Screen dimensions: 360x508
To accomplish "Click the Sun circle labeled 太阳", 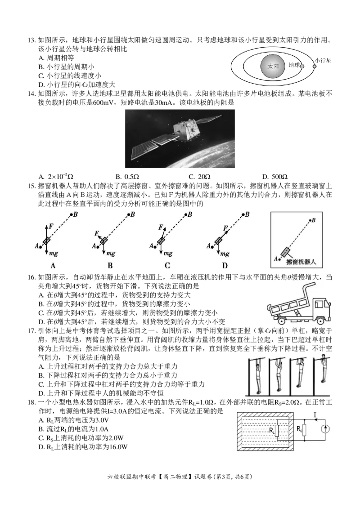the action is [x=274, y=66].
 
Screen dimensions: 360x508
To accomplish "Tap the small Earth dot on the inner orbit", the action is [x=302, y=67].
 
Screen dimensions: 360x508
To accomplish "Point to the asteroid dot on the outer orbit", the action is [x=314, y=67].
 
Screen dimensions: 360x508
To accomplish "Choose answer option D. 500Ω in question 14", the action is [x=275, y=177].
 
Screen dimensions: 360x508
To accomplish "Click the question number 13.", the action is [x=31, y=40].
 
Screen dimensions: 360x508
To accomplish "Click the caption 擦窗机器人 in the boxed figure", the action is [x=301, y=262].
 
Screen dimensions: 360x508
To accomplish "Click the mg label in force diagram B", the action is [x=111, y=254].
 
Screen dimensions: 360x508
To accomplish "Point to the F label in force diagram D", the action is [x=225, y=228].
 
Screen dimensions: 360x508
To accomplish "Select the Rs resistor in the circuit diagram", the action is [x=304, y=429].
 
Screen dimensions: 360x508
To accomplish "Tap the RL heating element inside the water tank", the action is [x=277, y=430].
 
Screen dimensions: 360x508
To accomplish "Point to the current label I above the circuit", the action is [x=315, y=414].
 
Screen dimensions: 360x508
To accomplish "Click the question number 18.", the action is [x=31, y=402].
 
